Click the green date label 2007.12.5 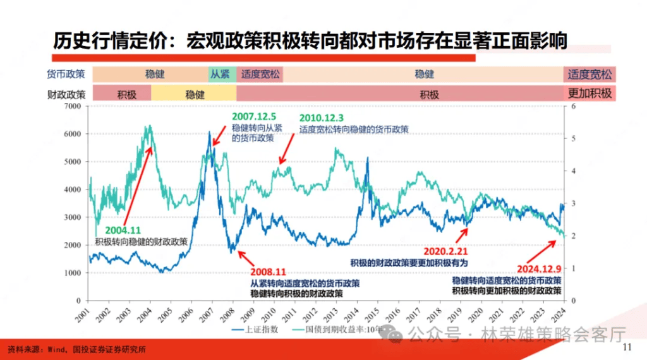254,116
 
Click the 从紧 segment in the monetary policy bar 222,74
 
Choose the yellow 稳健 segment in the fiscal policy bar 195,94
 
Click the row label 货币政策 66,75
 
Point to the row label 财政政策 66,95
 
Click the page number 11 627,347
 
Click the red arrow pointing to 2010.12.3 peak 292,149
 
